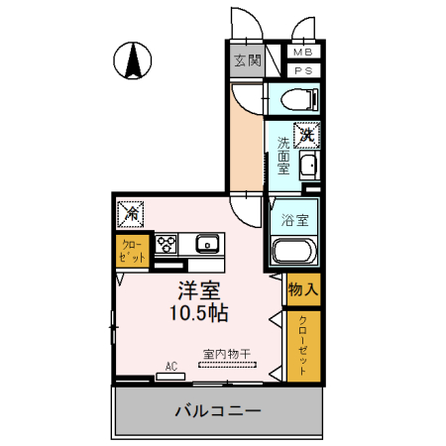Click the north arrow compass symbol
(130, 61)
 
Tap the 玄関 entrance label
(246, 61)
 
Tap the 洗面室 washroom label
(283, 155)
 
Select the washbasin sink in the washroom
(308, 166)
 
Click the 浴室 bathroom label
(294, 219)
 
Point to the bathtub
(293, 253)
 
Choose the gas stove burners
(166, 244)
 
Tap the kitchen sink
(208, 243)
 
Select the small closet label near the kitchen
(132, 250)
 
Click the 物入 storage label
(303, 290)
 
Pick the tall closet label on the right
(303, 347)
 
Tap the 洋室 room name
(197, 291)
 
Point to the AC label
(170, 367)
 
